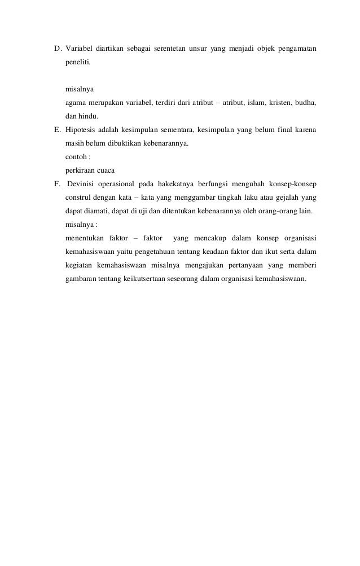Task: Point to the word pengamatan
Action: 296,49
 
